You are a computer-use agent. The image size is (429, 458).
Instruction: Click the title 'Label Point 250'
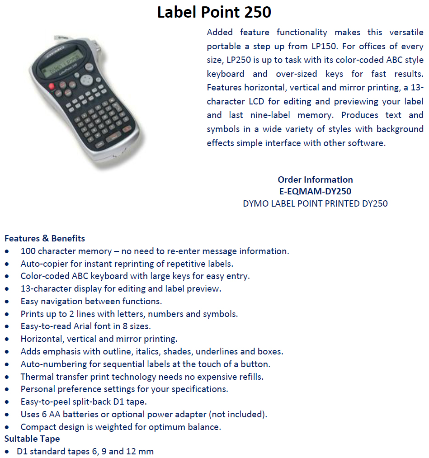coord(214,12)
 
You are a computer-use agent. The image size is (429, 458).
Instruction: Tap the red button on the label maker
coord(52,86)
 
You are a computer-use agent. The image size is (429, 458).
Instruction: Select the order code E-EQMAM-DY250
coord(315,191)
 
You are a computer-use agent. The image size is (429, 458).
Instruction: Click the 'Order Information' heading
coord(315,179)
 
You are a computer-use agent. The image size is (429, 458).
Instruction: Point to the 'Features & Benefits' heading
coord(45,238)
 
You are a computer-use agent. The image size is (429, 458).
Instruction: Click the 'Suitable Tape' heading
coord(32,439)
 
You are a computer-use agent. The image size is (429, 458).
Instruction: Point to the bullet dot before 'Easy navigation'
coord(7,302)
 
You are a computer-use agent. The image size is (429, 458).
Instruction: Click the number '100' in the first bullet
coord(28,251)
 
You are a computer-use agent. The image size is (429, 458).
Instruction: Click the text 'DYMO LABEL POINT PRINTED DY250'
coord(315,203)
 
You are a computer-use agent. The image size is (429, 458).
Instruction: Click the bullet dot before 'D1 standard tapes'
coord(7,452)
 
